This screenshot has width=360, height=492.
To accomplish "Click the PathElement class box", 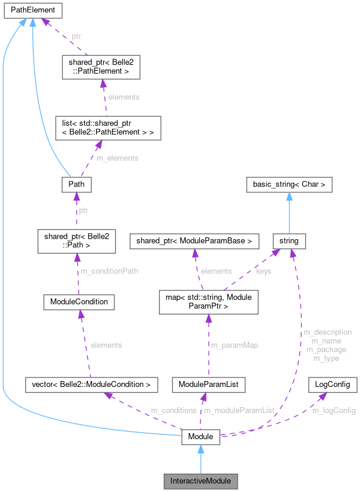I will click(31, 10).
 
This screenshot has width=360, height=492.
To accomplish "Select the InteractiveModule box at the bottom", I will click(200, 480).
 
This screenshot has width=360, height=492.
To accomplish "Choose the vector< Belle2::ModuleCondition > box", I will click(92, 385).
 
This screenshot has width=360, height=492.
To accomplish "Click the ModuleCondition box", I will click(79, 301).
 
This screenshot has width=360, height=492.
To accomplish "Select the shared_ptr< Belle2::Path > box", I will click(75, 240).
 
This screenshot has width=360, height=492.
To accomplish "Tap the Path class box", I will click(76, 185).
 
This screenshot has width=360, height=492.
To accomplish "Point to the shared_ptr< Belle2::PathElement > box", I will click(101, 68).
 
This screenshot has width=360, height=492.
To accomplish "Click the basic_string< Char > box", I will click(289, 185).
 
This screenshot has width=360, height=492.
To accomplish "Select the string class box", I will click(289, 240).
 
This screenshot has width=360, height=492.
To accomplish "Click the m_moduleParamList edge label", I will click(239, 410).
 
